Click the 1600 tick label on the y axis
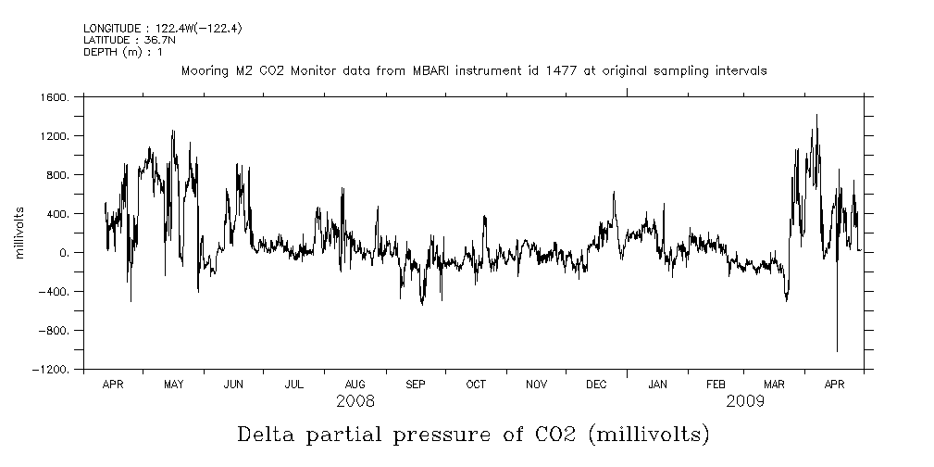[x=55, y=97]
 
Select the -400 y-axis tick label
[x=55, y=292]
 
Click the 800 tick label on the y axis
[x=57, y=175]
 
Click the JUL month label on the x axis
[x=293, y=384]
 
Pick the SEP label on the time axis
[x=415, y=384]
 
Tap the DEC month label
[x=596, y=384]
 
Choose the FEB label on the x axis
[x=716, y=384]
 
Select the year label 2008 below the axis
[x=355, y=401]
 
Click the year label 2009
[x=745, y=401]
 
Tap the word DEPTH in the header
[x=100, y=52]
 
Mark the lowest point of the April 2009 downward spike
[x=837, y=351]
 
